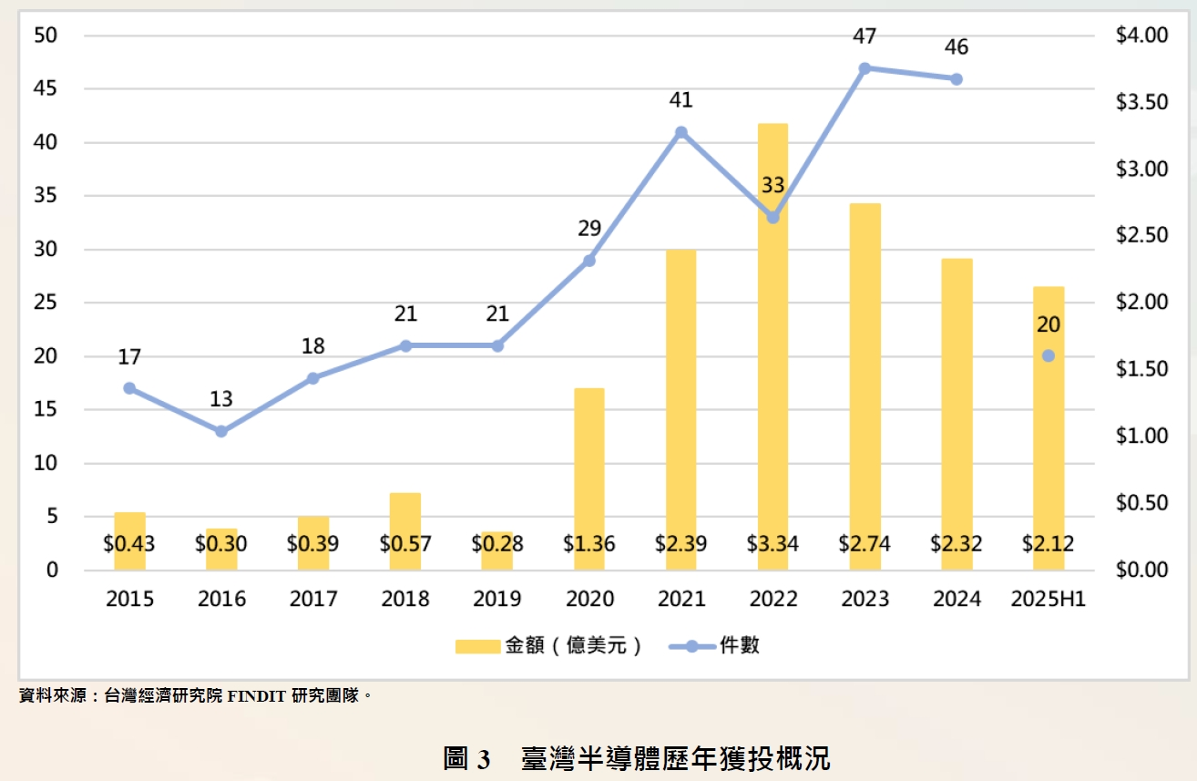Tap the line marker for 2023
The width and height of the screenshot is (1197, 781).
[864, 68]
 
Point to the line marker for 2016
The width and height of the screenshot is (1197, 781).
[221, 431]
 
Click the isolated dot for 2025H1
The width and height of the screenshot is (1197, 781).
[1048, 355]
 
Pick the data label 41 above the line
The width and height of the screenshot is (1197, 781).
[680, 100]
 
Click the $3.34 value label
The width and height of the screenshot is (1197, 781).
[772, 545]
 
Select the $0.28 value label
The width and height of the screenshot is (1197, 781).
[497, 545]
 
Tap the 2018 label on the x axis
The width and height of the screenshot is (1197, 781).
[405, 599]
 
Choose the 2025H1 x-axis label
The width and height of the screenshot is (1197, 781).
[1048, 599]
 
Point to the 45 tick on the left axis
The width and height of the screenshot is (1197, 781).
[45, 89]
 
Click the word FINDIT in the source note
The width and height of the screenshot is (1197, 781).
[257, 696]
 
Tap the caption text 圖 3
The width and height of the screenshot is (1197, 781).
[467, 758]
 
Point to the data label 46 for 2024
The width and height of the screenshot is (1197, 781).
[957, 47]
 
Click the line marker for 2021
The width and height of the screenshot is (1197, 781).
[680, 132]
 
